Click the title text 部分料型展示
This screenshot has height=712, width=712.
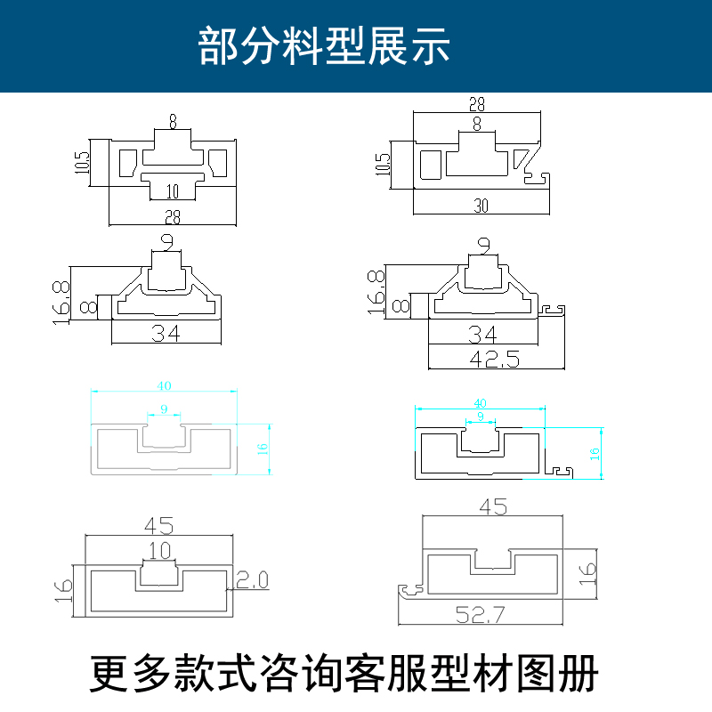point(324,45)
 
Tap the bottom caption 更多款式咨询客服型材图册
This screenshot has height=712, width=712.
point(344,674)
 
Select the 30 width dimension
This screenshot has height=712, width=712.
point(481,206)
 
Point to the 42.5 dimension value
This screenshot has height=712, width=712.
point(497,359)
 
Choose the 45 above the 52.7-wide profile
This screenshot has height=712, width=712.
point(493,508)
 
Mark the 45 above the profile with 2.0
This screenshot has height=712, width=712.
point(158,525)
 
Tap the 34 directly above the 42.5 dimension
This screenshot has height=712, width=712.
point(483,336)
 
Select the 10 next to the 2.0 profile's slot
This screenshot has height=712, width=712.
point(159,551)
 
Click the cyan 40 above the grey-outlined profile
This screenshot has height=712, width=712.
point(165,385)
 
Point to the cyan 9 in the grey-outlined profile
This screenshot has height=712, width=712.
point(163,409)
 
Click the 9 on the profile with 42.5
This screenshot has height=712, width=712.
point(483,243)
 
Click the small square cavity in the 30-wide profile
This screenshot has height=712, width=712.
point(433,165)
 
